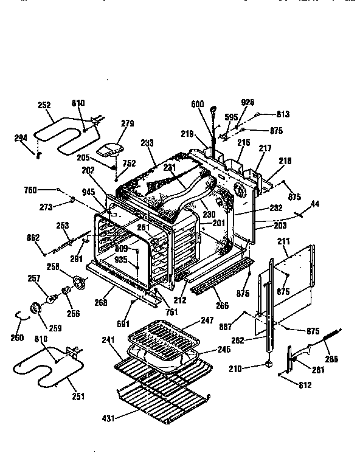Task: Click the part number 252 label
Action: (x=44, y=105)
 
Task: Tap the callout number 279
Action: (x=126, y=123)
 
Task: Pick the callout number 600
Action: (x=197, y=104)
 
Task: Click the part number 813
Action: (x=283, y=114)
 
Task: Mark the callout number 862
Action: (x=35, y=238)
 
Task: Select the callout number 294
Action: (x=21, y=137)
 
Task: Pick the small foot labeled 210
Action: (x=267, y=365)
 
